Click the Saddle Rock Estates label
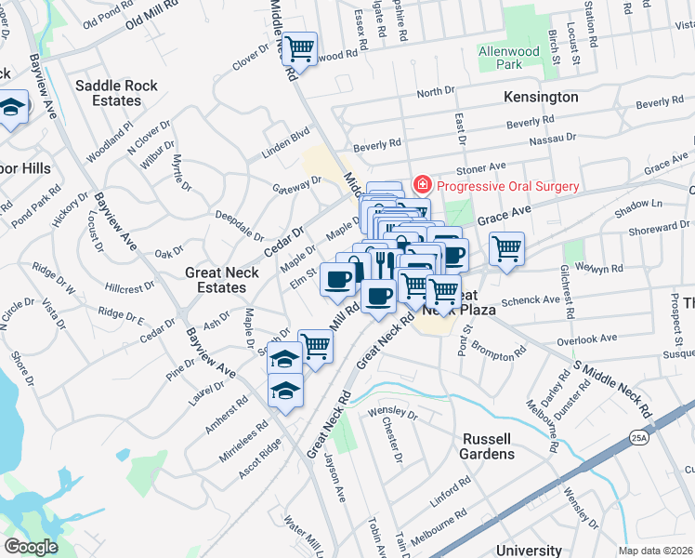(x=116, y=92)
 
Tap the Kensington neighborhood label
(x=540, y=97)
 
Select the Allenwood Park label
(x=508, y=57)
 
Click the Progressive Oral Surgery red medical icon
(x=422, y=185)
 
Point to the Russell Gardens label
(x=486, y=446)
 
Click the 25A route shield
(x=641, y=436)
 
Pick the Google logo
(x=31, y=547)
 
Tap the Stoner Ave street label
(x=480, y=168)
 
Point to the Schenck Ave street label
(x=531, y=301)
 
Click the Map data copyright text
(x=656, y=551)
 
